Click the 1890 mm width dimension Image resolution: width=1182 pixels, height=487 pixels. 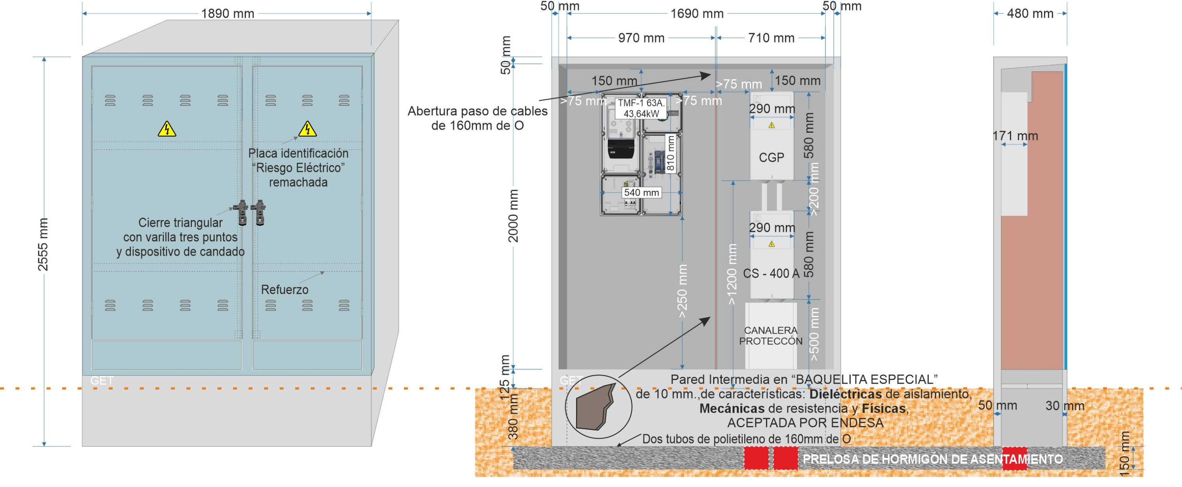point(228,14)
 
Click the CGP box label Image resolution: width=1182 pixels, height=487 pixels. point(771,158)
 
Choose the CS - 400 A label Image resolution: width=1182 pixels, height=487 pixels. point(771,274)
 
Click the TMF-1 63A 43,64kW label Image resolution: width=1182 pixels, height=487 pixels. point(641,109)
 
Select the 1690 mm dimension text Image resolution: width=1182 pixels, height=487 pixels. point(697,14)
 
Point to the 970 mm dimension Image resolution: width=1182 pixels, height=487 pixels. point(641,38)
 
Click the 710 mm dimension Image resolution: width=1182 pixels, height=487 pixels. point(771,38)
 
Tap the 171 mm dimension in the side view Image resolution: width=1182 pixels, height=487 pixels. point(1015,136)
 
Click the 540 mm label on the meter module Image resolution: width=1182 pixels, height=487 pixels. point(641,193)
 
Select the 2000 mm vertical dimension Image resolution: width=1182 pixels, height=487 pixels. point(513,215)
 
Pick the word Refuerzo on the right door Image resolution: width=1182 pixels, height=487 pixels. point(284,290)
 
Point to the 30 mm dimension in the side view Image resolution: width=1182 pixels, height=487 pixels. point(1065,406)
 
